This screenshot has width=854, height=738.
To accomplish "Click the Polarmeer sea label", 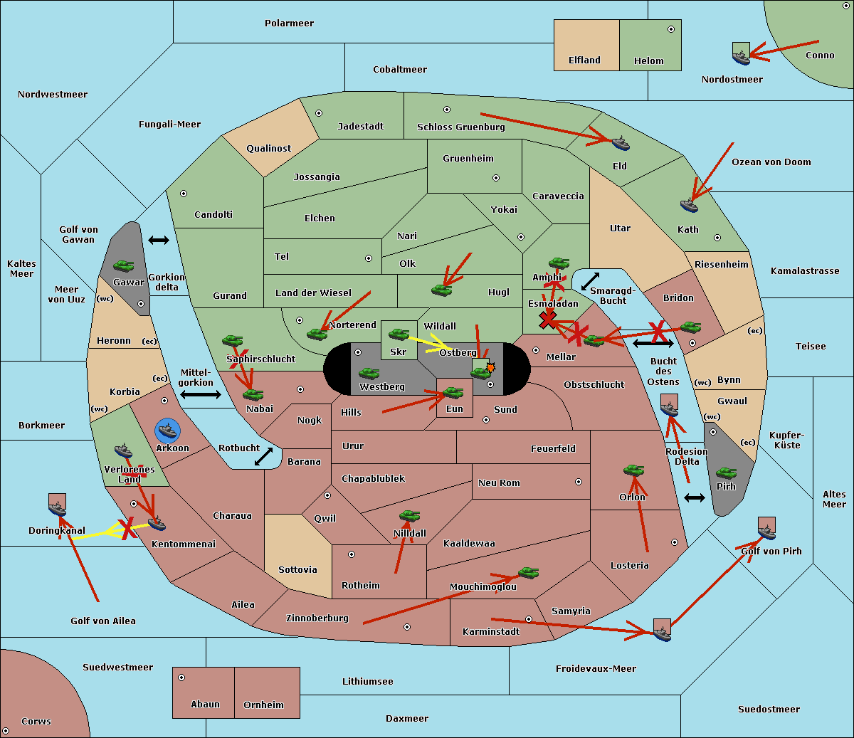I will click(289, 23).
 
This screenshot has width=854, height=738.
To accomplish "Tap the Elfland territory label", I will click(584, 60).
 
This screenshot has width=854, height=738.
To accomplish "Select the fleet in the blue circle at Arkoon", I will click(167, 431).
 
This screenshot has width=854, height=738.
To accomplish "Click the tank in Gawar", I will click(124, 266).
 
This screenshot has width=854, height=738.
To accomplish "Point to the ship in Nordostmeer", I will click(741, 56).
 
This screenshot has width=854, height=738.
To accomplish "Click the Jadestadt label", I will click(360, 127).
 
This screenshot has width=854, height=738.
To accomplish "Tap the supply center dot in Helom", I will click(670, 29).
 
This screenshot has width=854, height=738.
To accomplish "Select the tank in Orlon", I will click(633, 470).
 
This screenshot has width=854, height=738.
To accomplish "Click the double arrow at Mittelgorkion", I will click(200, 394).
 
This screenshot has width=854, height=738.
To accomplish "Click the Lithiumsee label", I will click(367, 682).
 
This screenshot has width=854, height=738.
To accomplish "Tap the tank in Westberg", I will click(369, 373).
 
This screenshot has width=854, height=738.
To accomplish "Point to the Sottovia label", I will click(297, 570).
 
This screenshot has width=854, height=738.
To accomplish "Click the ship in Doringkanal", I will click(58, 508).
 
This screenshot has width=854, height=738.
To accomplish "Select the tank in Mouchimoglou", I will click(528, 572).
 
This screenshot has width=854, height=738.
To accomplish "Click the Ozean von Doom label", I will click(771, 162).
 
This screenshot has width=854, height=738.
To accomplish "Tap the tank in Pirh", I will click(726, 473).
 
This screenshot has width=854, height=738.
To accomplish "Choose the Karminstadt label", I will click(491, 632).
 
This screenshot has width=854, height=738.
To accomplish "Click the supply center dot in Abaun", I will click(181, 678).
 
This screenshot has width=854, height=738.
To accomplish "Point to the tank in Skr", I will click(399, 333).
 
